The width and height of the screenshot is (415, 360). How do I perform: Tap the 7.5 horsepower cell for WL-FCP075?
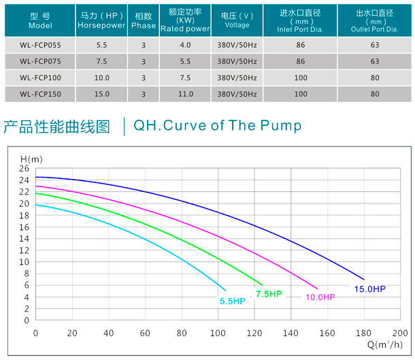[102, 61]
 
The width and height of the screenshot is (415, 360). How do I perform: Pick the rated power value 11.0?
[185, 94]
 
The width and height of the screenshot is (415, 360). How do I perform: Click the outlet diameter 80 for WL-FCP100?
[375, 78]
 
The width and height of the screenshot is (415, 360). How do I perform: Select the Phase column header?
[144, 20]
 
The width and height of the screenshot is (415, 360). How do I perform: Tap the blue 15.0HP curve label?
[369, 289]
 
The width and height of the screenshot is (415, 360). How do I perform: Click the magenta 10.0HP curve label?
[320, 297]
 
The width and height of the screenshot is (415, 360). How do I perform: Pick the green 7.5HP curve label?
[268, 294]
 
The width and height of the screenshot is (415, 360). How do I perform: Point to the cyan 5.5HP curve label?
[232, 301]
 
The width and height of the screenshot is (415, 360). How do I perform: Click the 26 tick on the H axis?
[24, 168]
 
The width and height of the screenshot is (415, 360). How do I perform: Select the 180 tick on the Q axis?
[363, 333]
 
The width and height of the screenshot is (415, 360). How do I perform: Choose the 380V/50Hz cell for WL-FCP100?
[237, 78]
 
